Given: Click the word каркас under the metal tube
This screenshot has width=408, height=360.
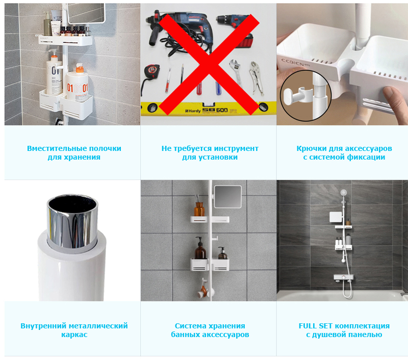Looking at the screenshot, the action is [x=74, y=335].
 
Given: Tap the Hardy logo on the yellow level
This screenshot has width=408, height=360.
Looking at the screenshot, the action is [x=193, y=111].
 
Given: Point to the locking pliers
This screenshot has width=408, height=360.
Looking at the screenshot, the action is [x=256, y=77].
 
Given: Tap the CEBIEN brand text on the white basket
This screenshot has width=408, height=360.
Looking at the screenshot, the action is [x=294, y=63].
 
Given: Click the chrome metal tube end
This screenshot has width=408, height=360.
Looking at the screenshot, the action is [x=72, y=221].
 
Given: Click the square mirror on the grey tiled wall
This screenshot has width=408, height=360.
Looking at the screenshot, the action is [x=227, y=197].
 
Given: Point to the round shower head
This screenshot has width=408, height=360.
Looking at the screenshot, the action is [x=344, y=193].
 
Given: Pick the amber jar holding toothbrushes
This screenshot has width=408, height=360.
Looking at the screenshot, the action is [x=199, y=209].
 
